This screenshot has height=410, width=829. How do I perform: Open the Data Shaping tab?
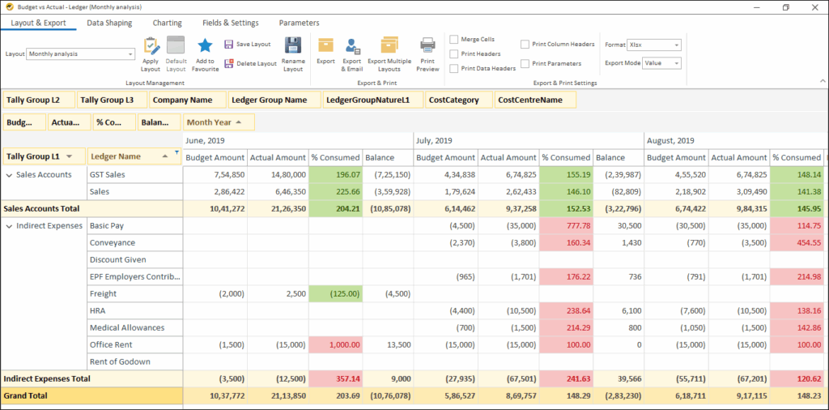click(109, 23)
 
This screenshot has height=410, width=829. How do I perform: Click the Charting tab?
click(168, 23)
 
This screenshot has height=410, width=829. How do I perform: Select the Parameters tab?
click(299, 23)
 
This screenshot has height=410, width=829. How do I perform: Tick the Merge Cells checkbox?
click(454, 39)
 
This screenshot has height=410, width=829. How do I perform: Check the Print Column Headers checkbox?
click(525, 45)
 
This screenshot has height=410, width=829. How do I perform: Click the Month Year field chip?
click(219, 122)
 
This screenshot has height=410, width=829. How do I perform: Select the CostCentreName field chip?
click(535, 100)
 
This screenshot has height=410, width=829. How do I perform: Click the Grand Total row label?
click(26, 395)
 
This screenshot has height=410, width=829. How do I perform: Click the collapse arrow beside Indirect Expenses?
click(9, 225)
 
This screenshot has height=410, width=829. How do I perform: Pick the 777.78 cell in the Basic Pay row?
click(566, 225)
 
